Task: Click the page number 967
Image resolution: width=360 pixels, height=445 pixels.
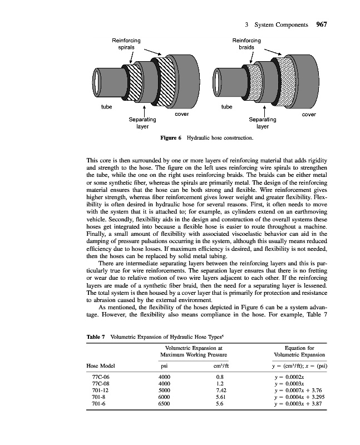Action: [x=322, y=24]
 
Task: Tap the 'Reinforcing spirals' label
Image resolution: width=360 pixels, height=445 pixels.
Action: [x=126, y=44]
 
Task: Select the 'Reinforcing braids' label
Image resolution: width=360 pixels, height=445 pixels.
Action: [x=246, y=44]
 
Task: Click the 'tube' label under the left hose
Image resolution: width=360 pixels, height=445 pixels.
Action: [x=106, y=107]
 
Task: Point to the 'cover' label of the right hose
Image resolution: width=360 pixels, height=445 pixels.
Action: [x=309, y=115]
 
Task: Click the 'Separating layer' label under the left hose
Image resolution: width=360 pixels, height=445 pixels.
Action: [x=142, y=123]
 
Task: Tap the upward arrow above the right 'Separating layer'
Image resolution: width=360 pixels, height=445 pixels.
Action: [x=265, y=111]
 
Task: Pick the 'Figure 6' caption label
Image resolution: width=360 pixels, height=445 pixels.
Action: [x=171, y=138]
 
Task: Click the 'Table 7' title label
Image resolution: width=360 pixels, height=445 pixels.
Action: [x=96, y=337]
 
